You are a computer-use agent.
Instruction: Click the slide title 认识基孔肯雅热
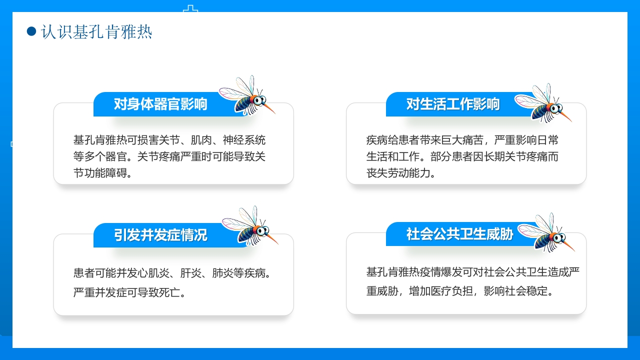click(96, 32)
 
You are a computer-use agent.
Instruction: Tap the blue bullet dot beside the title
click(31, 31)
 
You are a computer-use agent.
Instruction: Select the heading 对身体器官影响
click(160, 104)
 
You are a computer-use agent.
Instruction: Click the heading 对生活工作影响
click(453, 104)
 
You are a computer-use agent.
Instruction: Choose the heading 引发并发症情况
click(160, 235)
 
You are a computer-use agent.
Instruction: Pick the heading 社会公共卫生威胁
click(460, 234)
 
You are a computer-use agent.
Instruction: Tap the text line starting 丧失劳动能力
click(401, 173)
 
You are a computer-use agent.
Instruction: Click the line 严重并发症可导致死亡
click(130, 292)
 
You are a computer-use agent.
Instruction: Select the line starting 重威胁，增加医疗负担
click(460, 291)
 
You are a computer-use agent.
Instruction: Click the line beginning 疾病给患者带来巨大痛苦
click(462, 140)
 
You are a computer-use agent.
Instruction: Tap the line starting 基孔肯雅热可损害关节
click(169, 140)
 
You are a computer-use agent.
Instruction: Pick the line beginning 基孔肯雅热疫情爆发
click(472, 272)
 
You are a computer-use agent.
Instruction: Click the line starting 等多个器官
click(169, 156)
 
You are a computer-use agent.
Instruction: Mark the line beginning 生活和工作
click(462, 156)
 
